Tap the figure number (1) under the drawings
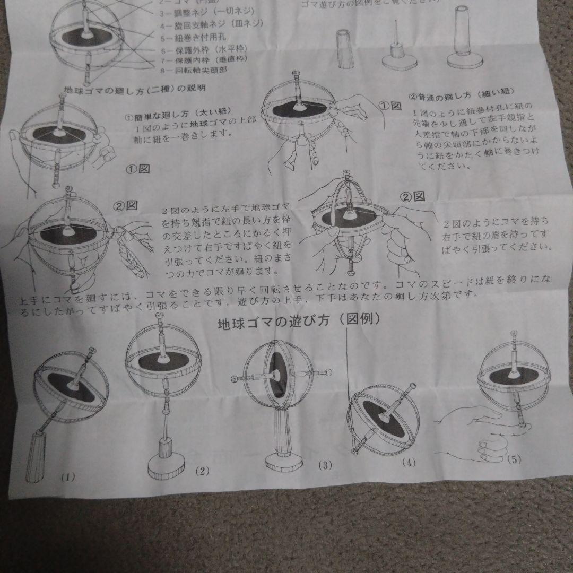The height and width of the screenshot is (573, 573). (67, 476)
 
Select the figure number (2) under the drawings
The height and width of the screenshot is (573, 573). (203, 470)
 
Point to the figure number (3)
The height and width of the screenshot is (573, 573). (325, 465)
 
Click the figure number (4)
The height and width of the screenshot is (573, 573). (408, 462)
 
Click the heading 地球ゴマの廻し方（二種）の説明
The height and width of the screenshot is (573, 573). (134, 88)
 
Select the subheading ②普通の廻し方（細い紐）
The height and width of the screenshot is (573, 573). (461, 97)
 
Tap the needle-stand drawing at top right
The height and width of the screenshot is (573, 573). (397, 50)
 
